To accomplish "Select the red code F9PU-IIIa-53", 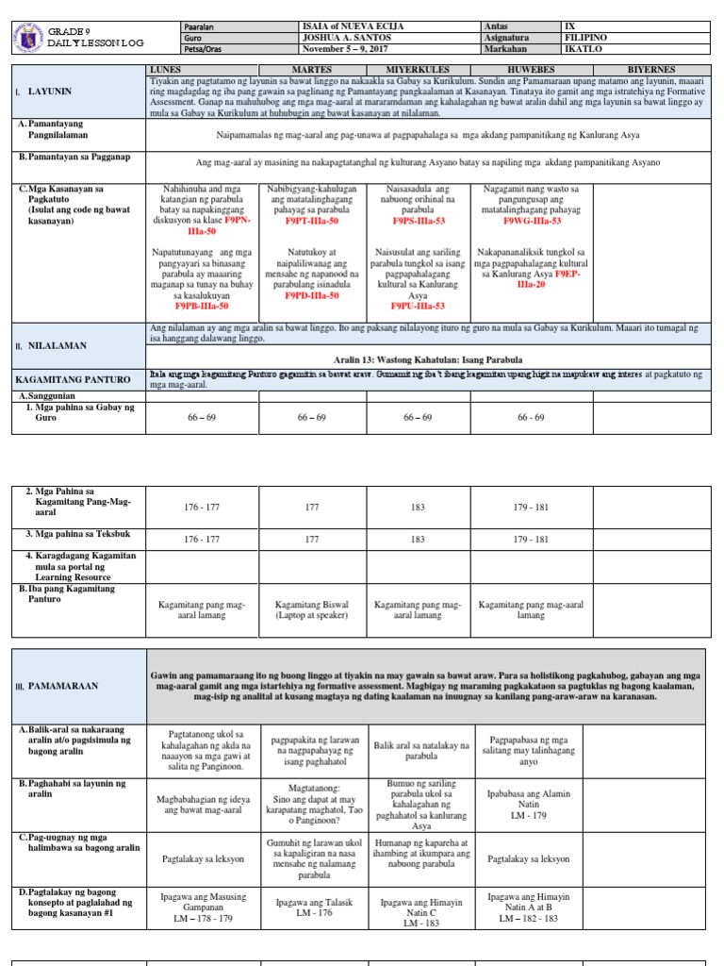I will (x=418, y=307).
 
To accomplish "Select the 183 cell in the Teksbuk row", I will (x=418, y=540).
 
